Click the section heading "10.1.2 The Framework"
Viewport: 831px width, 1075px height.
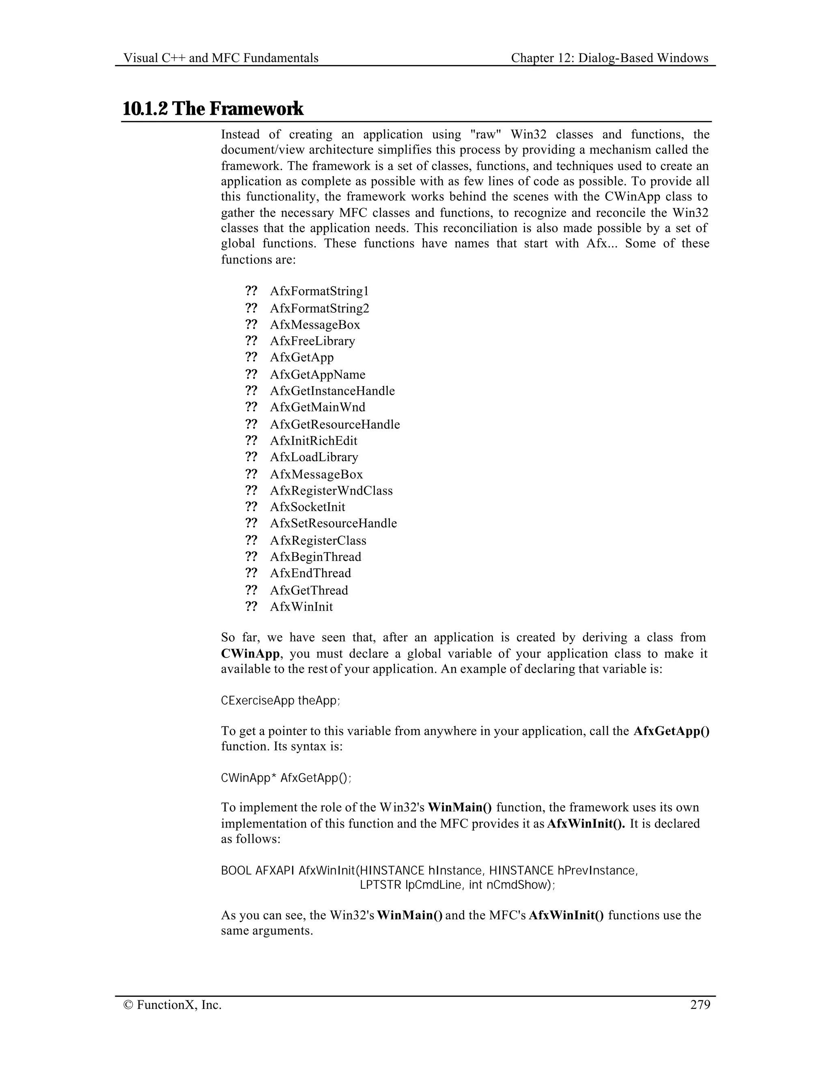[x=213, y=109]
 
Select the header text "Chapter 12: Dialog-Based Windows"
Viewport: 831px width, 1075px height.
[x=609, y=58]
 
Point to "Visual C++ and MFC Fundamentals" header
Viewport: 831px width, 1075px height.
[x=221, y=58]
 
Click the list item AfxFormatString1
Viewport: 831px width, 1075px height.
[x=319, y=291]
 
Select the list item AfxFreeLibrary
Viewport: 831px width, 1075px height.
[x=312, y=341]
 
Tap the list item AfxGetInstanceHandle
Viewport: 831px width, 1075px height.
[x=332, y=391]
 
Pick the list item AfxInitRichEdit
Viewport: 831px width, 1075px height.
[x=314, y=441]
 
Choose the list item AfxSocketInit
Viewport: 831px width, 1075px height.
[x=308, y=507]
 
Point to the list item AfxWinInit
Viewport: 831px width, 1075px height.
[x=301, y=606]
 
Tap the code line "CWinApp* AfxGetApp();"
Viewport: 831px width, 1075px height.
[x=286, y=778]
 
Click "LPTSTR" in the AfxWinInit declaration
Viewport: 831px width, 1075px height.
[x=380, y=885]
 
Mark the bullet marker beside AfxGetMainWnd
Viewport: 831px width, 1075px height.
[x=251, y=407]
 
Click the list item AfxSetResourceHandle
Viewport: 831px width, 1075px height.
[x=333, y=523]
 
